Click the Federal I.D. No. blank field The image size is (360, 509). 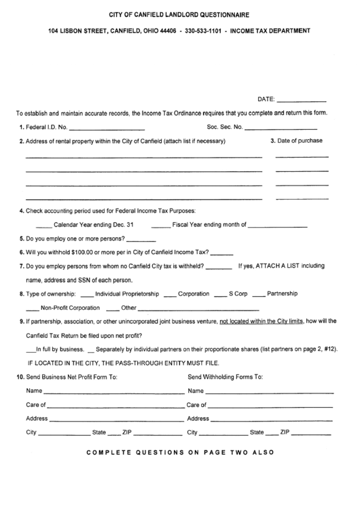tap(107, 128)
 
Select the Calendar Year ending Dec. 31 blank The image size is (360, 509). tap(43, 226)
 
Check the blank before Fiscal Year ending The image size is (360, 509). tap(160, 226)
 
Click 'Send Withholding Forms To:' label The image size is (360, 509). tap(225, 376)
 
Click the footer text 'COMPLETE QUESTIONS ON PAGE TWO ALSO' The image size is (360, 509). tap(180, 452)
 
